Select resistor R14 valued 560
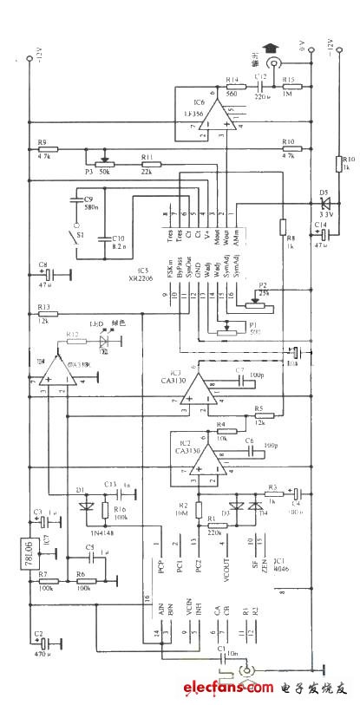(x=232, y=88)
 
